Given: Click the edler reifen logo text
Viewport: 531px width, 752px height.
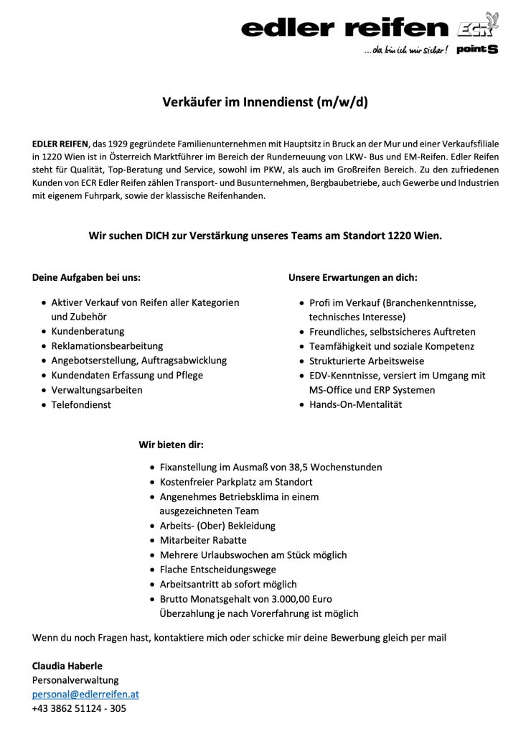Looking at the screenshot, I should click(x=344, y=28).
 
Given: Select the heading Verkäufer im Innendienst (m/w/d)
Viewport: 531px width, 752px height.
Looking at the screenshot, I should click(x=265, y=102).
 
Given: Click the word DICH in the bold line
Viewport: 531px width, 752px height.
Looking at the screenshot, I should click(x=161, y=235).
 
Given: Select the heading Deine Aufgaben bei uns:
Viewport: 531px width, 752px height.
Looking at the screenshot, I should click(x=86, y=277).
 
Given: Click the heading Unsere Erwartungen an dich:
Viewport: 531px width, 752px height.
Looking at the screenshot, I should click(x=352, y=277).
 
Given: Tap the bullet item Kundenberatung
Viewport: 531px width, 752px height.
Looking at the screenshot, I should click(x=88, y=331).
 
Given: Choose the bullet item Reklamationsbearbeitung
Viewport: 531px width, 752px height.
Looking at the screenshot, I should click(x=107, y=345).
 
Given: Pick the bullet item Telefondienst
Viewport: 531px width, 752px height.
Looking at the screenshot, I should click(x=81, y=404).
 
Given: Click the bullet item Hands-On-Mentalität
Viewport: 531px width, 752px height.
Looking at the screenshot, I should click(x=355, y=404).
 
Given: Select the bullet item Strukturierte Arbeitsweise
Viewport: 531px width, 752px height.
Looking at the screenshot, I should click(x=366, y=361).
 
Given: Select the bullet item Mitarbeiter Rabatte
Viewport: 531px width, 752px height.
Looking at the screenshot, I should click(x=203, y=540).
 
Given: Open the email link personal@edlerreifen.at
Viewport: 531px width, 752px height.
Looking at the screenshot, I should click(x=85, y=695).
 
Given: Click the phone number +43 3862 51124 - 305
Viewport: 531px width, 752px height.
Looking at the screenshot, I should click(x=79, y=709).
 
